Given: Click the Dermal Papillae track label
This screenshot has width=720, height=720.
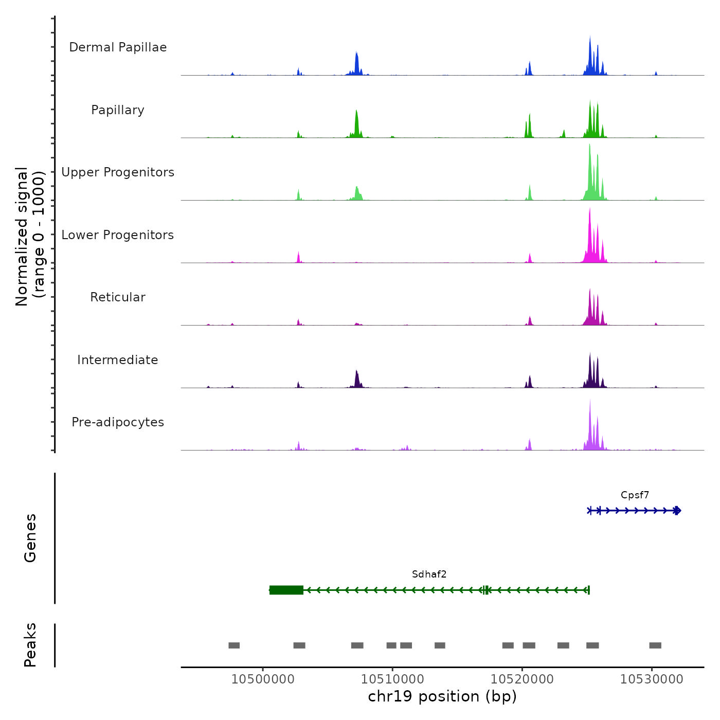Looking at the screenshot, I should click(x=118, y=47).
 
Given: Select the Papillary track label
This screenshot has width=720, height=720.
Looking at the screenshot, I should click(x=118, y=110).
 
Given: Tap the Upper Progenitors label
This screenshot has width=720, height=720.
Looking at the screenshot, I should click(x=118, y=172).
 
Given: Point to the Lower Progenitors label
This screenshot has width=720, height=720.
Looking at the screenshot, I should click(x=118, y=235).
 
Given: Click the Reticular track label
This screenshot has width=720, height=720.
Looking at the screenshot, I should click(x=118, y=297).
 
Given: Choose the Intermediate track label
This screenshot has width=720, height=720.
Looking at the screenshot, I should click(x=118, y=360).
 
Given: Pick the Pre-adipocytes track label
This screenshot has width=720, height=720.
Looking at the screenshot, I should click(x=118, y=422).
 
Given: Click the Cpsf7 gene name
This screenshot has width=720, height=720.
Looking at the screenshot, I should click(x=635, y=495).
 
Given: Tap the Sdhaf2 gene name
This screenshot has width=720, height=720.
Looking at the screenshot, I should click(x=429, y=574).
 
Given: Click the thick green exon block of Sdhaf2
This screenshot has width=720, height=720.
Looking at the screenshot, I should click(x=286, y=590).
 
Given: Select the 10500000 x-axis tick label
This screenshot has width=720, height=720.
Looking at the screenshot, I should click(x=263, y=679).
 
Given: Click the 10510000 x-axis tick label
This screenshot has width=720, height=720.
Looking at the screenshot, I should click(x=392, y=679).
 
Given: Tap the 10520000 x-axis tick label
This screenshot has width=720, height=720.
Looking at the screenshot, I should click(x=522, y=679).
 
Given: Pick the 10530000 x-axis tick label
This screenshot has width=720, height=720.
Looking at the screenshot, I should click(x=652, y=679).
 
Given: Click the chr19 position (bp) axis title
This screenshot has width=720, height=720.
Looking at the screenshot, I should click(x=442, y=696).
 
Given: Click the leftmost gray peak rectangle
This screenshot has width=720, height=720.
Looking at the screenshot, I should click(x=234, y=645).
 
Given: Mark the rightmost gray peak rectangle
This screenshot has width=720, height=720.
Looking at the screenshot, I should click(x=655, y=645).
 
